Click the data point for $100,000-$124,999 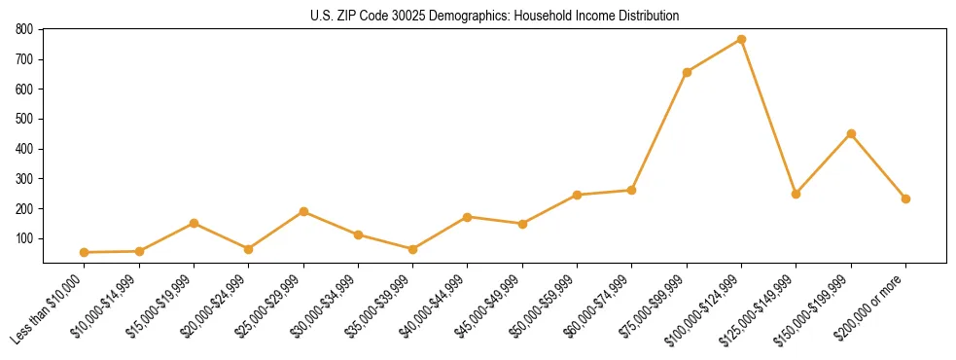tap(741, 39)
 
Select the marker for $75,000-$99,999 tap(687, 72)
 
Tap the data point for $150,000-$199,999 tap(851, 133)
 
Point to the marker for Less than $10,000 tap(85, 252)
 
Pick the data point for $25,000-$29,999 tap(303, 211)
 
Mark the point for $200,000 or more tap(905, 198)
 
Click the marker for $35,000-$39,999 tap(413, 249)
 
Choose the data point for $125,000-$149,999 tap(796, 194)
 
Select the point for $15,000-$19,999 tap(195, 223)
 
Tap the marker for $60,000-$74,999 tap(632, 190)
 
